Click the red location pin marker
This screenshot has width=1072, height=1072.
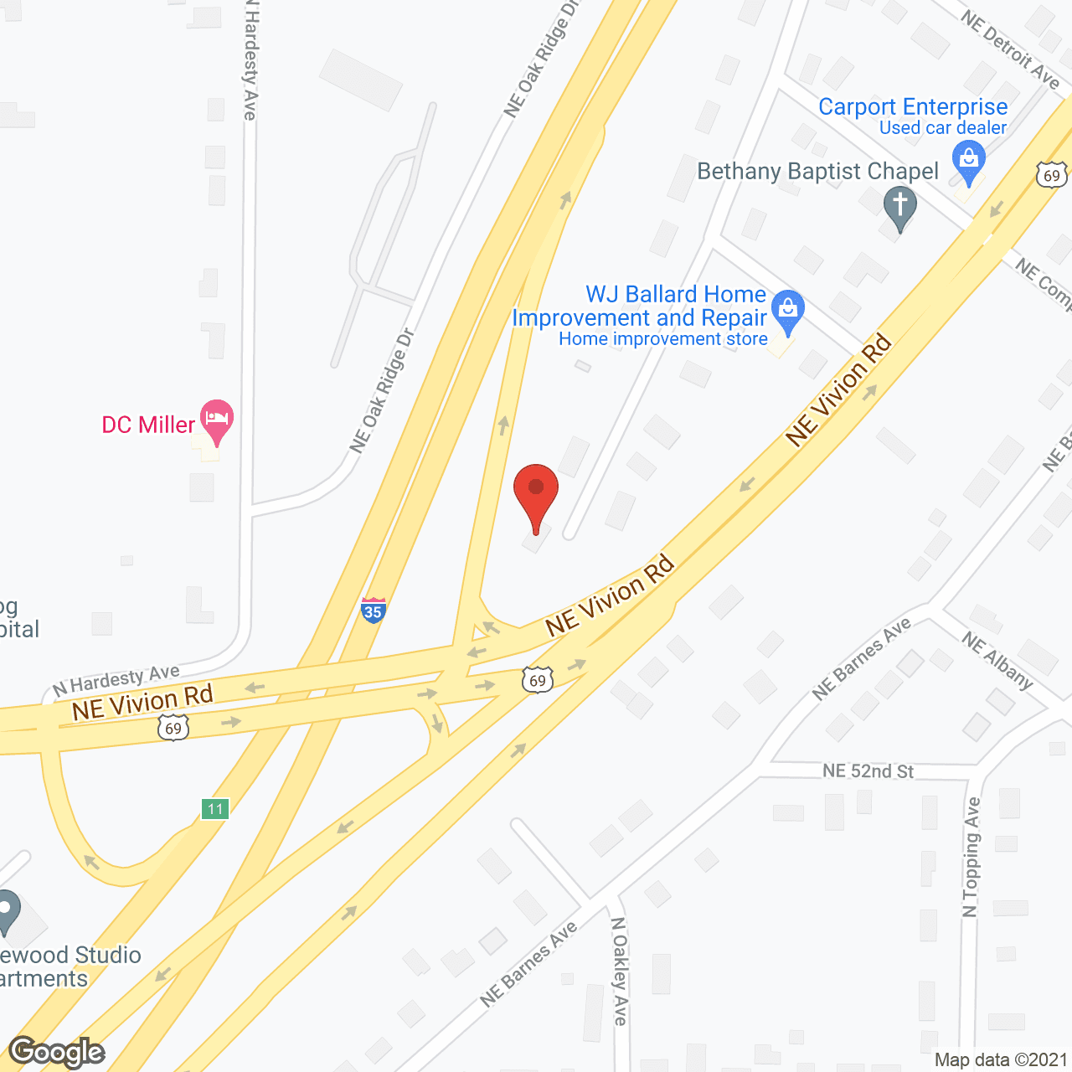pos(536,494)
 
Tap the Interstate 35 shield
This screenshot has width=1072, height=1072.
pos(373,610)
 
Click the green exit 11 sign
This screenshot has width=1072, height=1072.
pos(215,809)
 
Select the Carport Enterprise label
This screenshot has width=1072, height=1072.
pos(913,107)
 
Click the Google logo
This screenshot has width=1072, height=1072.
pos(57,1052)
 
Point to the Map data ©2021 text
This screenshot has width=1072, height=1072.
pos(1001,1060)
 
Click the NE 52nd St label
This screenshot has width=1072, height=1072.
pos(868,770)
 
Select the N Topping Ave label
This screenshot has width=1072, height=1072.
pos(971,857)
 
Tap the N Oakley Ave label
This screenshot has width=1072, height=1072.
pos(619,971)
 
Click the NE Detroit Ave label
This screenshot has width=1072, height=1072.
pos(1010,49)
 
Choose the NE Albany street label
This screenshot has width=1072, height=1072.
pos(997,660)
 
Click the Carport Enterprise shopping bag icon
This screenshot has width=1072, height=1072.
pos(969,159)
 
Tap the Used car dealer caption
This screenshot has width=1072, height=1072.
pos(943,128)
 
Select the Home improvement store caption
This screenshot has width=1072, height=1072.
pos(662,339)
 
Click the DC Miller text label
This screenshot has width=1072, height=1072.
pos(148,425)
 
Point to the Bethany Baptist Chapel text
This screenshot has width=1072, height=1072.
pos(817,172)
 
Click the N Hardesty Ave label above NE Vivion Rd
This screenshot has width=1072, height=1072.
pos(116,680)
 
